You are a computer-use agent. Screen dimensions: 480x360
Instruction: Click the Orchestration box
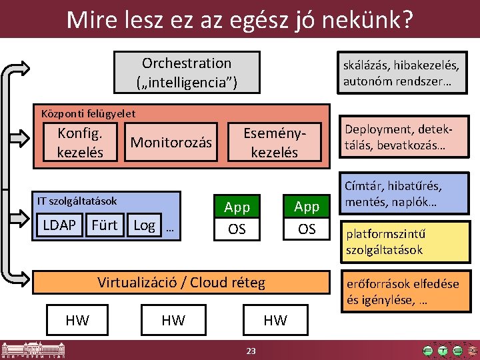point(187,73)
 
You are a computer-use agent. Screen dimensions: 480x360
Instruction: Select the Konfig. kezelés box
point(80,142)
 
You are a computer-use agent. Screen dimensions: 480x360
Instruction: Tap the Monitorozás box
point(171,142)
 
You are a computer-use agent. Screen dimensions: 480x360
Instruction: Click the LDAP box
point(59,225)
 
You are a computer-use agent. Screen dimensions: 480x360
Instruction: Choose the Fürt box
point(104,225)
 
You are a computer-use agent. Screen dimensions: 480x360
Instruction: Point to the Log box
point(145,225)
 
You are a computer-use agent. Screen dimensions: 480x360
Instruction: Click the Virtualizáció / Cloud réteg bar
point(181,282)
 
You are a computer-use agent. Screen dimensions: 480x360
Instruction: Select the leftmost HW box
point(77,321)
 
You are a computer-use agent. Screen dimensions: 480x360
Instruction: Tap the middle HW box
point(173,321)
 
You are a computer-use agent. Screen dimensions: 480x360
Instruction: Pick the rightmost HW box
point(275,321)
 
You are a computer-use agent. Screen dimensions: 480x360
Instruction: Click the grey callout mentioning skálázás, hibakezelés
point(401,73)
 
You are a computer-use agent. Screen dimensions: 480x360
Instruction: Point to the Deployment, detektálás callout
point(401,138)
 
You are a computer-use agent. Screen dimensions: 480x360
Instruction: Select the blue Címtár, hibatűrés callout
point(401,193)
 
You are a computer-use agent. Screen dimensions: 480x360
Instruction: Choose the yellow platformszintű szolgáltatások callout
point(401,242)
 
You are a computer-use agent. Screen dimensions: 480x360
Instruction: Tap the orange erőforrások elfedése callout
point(401,291)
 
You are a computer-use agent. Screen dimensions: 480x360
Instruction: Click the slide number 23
point(251,351)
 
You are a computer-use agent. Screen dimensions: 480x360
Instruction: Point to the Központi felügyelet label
point(88,113)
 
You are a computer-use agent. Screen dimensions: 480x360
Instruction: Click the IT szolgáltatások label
point(77,201)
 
